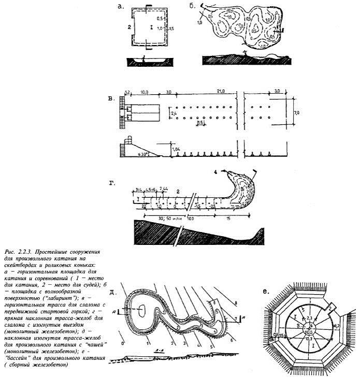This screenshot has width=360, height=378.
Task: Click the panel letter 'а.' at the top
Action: click(x=122, y=7)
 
